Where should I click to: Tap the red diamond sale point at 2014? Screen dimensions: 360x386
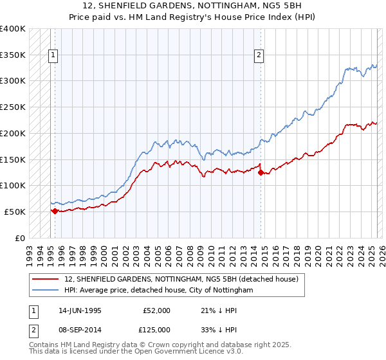261,172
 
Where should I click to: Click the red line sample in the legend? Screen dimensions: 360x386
45,280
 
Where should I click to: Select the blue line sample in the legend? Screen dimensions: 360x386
45,291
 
